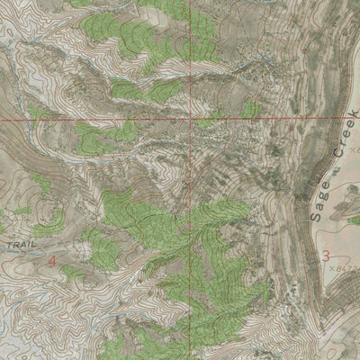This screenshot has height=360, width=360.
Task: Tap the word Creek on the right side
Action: (340, 141)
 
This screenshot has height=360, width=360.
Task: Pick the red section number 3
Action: (326, 256)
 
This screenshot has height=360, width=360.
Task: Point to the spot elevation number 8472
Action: (348, 267)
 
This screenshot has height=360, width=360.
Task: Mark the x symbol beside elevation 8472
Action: (332, 266)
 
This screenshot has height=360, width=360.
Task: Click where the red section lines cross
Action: (192, 119)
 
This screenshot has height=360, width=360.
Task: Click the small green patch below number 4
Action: (70, 272)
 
